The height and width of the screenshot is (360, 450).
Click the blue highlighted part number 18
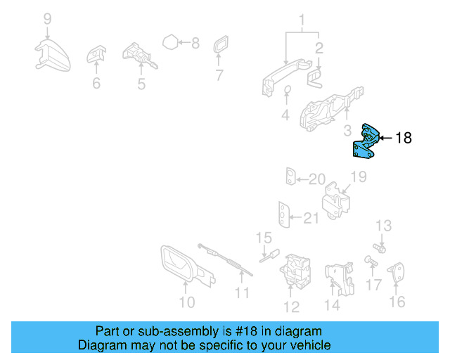click(x=365, y=143)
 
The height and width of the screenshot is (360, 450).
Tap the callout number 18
click(x=404, y=138)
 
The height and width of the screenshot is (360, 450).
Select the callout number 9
click(x=48, y=19)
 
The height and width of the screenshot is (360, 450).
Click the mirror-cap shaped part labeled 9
click(x=53, y=56)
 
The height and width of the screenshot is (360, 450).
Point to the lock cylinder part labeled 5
click(x=139, y=56)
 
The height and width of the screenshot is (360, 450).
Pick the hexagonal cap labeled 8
click(x=170, y=42)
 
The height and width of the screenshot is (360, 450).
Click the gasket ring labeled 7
click(x=220, y=44)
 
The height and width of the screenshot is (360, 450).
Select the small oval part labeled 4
click(x=287, y=90)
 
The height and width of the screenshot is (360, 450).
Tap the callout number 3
click(x=347, y=131)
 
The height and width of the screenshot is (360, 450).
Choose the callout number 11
click(x=242, y=293)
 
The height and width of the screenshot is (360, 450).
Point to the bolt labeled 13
click(x=379, y=248)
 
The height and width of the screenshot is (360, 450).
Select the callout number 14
click(x=332, y=305)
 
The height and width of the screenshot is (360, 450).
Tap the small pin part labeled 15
click(x=269, y=255)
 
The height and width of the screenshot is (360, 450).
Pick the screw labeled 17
click(x=371, y=262)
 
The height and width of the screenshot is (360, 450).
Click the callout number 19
click(x=359, y=177)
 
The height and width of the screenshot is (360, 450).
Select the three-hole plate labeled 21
click(x=284, y=214)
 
